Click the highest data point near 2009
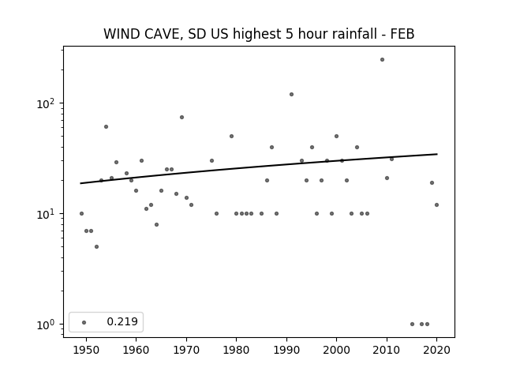tap(382, 60)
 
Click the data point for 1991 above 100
tap(291, 95)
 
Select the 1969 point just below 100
tap(181, 118)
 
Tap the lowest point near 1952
tap(96, 247)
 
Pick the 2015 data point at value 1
tap(412, 325)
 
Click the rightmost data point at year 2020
tap(436, 205)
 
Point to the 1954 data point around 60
tap(106, 127)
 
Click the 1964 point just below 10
tap(156, 224)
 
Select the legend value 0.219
tap(122, 321)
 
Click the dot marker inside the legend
tap(84, 323)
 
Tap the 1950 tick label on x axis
tap(86, 350)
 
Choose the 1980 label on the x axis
tap(236, 350)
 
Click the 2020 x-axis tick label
tap(436, 350)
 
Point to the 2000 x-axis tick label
tap(337, 350)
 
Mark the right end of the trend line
tap(437, 154)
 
